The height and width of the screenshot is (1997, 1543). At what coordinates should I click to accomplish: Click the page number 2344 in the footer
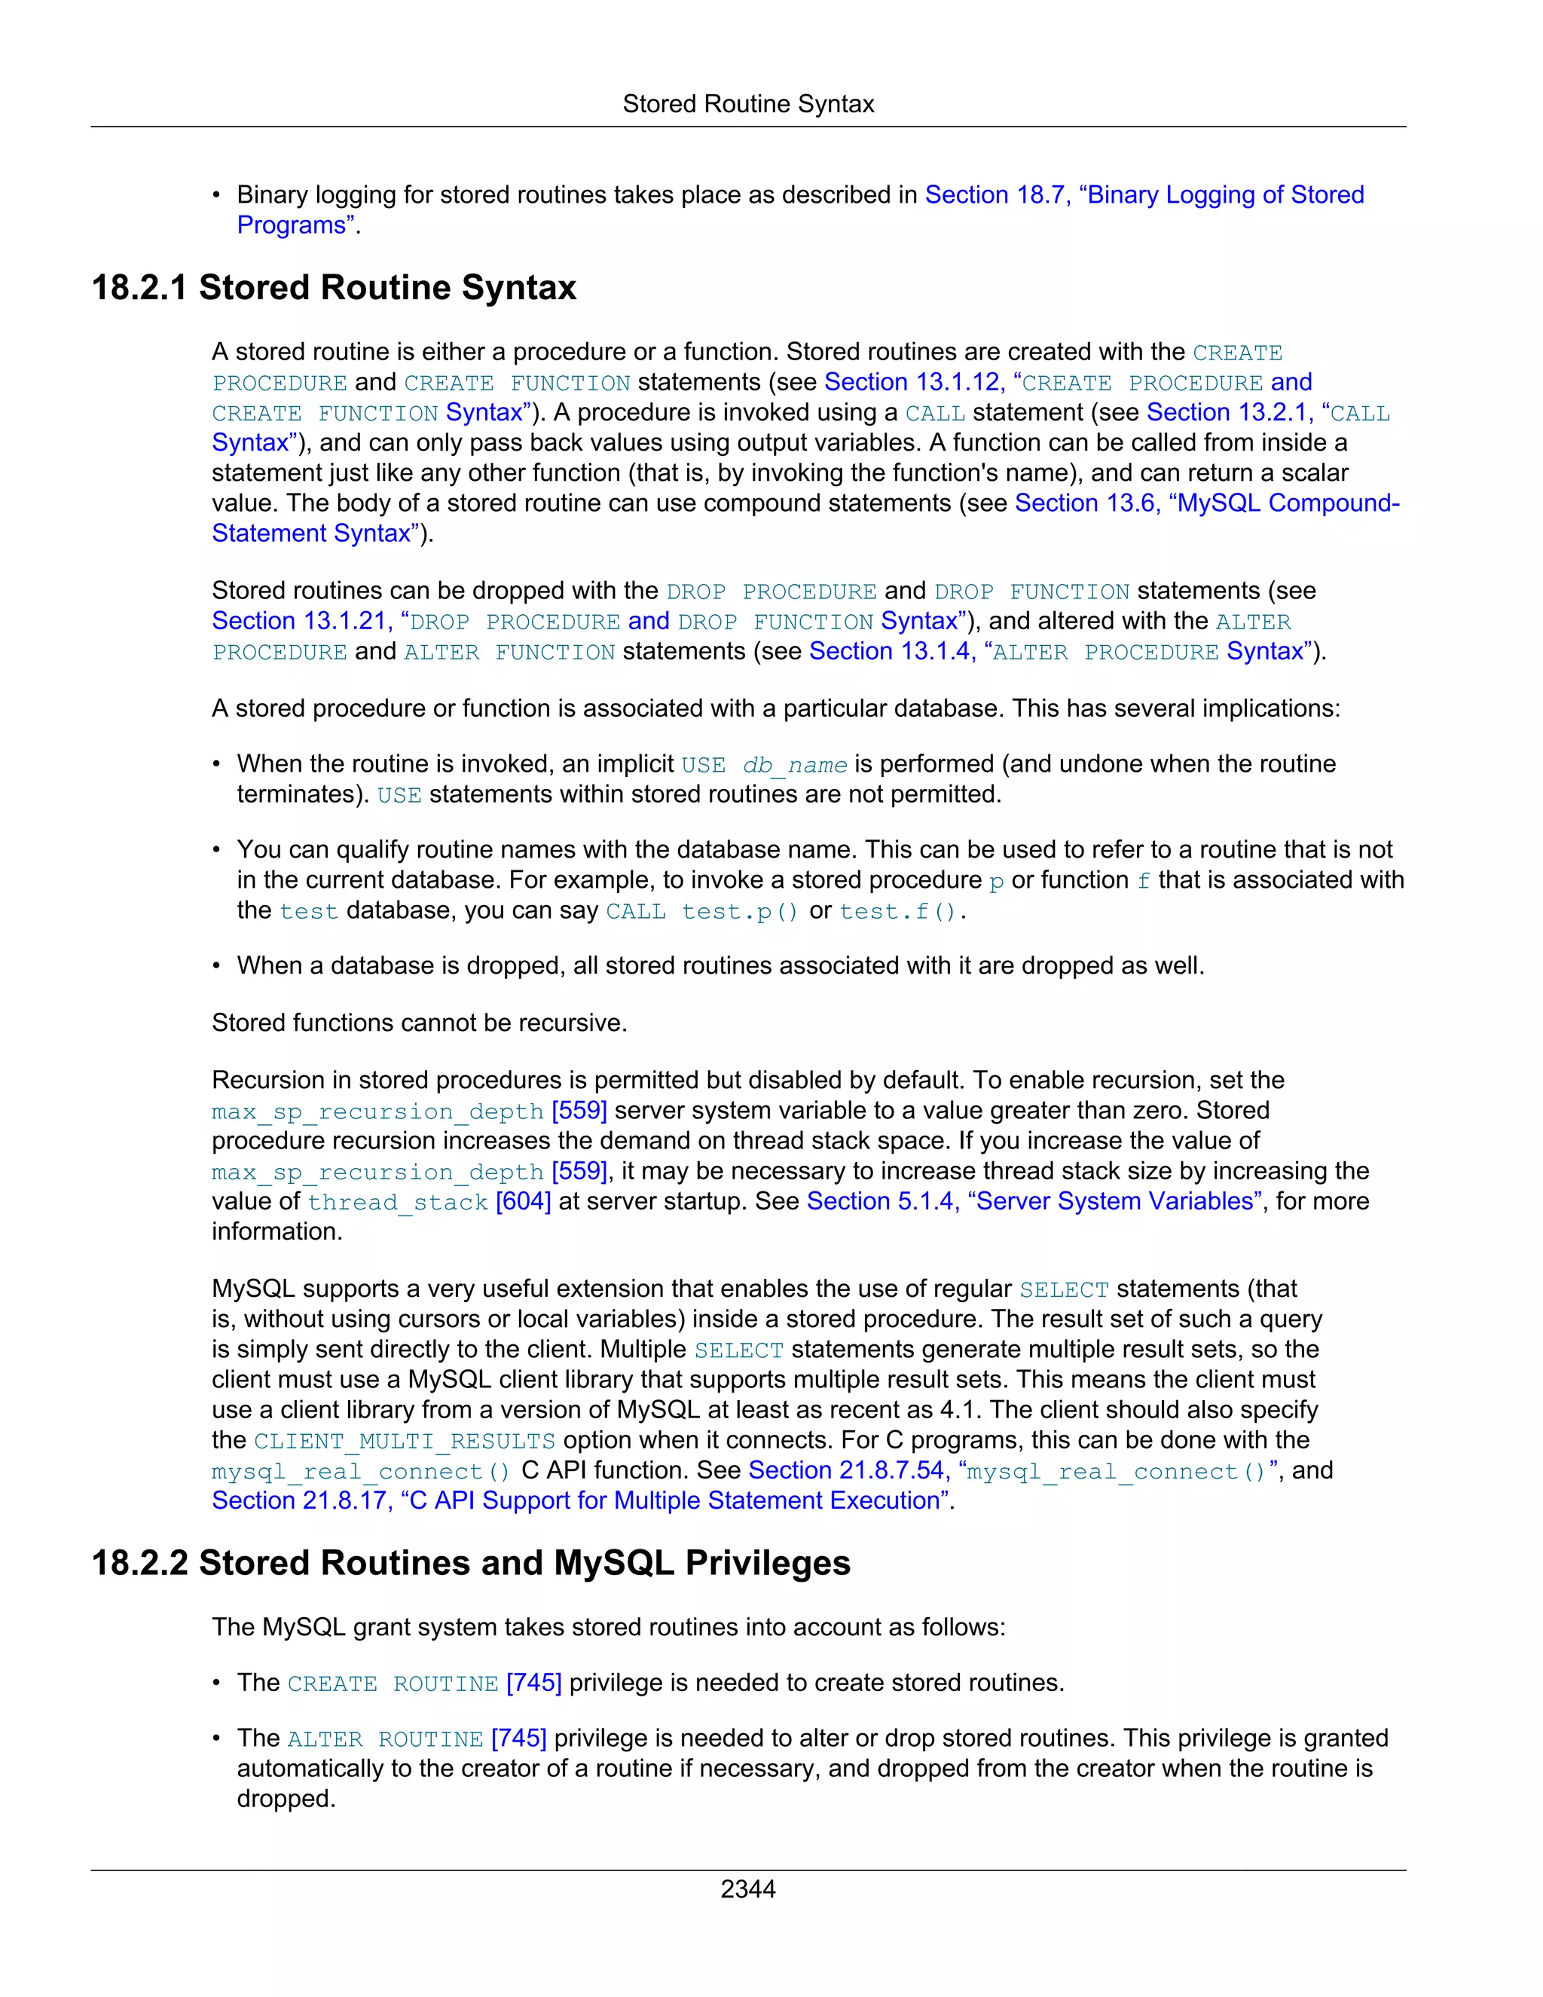(747, 1888)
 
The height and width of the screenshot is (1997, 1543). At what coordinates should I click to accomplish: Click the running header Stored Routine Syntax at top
(747, 104)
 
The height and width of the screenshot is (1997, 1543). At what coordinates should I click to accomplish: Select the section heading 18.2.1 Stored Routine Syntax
(334, 288)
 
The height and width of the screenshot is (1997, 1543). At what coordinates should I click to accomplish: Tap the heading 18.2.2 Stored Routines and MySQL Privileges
(471, 1563)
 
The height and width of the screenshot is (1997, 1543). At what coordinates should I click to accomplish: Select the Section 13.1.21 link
(301, 621)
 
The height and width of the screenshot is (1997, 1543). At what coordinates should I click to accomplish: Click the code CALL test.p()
(702, 912)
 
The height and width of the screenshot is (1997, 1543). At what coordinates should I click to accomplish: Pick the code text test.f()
(900, 912)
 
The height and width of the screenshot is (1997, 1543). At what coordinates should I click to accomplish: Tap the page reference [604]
(523, 1201)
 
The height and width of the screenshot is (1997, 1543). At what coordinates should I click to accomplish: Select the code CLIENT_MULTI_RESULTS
(404, 1441)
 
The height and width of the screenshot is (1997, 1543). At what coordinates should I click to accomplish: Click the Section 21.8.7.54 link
(845, 1470)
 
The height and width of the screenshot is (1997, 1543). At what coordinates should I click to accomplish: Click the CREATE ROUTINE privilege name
(392, 1684)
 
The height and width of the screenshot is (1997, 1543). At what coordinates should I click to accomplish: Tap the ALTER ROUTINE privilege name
(385, 1739)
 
